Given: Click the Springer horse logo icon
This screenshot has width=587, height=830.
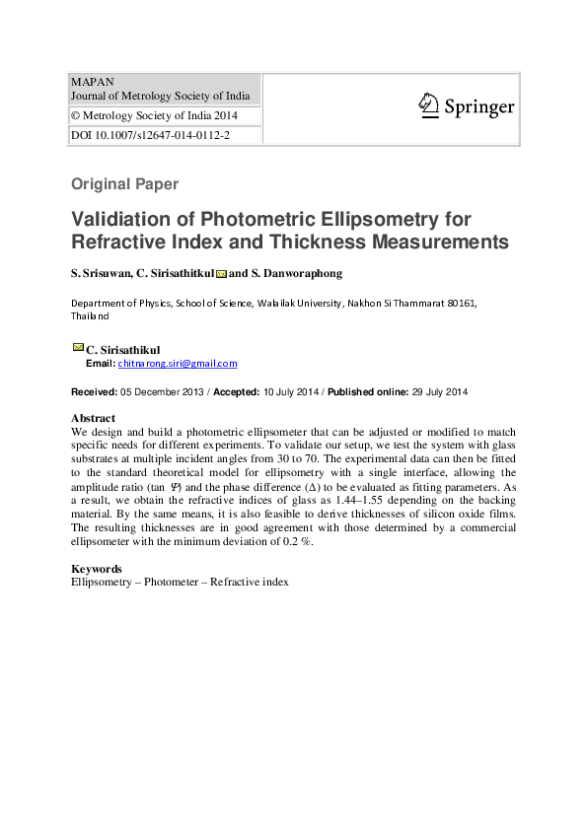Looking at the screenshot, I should [427, 105].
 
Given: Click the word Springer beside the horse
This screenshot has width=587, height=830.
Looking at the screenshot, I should [478, 107].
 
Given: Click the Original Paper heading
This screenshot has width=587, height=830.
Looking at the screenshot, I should [124, 184].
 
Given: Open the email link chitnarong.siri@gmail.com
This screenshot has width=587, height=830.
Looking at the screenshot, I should [178, 363].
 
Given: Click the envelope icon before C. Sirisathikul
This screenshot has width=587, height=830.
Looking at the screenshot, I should [78, 347].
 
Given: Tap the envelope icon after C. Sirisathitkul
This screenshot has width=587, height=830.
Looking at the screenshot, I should [221, 273].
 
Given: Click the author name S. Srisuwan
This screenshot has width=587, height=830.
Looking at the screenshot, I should [100, 273].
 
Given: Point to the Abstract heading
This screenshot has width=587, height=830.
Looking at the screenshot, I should [93, 418].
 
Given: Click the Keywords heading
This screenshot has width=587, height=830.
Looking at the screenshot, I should [97, 569].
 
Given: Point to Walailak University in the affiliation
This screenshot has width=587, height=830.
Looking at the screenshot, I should [299, 304].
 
